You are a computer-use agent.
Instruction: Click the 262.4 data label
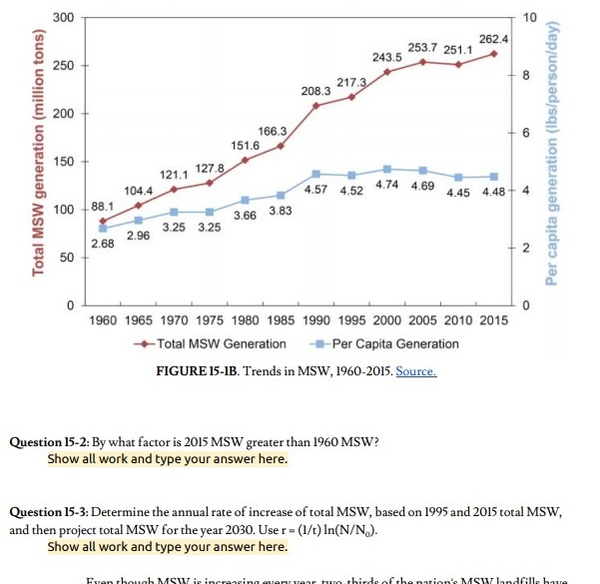coord(493,38)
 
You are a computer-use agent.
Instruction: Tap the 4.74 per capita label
coord(388,185)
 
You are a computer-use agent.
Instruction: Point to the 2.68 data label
coord(102,244)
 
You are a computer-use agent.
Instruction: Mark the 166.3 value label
coord(273,132)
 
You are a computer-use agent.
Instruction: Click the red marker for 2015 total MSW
coord(493,53)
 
